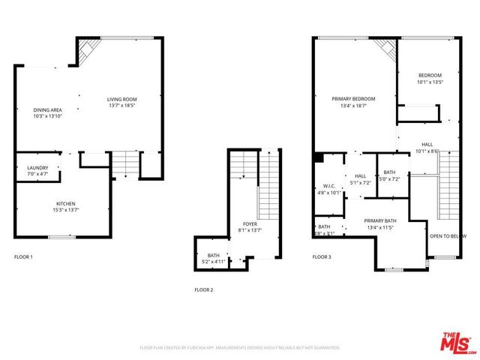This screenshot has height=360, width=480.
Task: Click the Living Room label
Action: (121, 99)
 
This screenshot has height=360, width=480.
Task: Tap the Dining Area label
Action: (47, 110)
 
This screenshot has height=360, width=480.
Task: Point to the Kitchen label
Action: (66, 204)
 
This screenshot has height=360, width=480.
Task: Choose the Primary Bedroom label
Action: (353, 99)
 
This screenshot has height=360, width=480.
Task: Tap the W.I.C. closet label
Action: (329, 187)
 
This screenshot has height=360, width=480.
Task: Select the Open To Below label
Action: (447, 236)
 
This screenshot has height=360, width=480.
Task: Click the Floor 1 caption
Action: (23, 257)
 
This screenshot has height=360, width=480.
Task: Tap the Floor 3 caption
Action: (322, 257)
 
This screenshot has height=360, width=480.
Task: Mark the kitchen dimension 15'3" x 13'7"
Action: (66, 210)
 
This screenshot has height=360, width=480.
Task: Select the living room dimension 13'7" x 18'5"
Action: (121, 105)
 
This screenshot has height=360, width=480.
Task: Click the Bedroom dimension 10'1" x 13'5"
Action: (430, 81)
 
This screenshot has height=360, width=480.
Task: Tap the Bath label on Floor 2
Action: (214, 256)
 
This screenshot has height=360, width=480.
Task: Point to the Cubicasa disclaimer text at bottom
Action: (240, 348)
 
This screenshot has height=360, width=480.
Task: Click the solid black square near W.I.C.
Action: (319, 158)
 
